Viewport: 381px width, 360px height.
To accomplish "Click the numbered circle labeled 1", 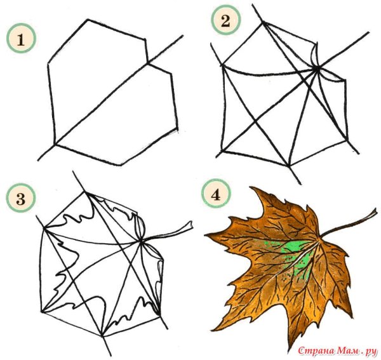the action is coord(21,38).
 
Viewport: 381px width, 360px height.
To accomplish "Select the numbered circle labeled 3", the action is coord(21,199).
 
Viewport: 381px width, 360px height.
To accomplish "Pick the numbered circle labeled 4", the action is coord(215,194).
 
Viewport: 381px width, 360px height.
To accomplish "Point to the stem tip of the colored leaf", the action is coord(375,213).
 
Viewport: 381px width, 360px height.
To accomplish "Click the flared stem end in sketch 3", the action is coord(189,225).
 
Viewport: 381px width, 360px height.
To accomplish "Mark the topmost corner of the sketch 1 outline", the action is coord(88,20).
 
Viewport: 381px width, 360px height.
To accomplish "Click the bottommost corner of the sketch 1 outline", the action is coord(121,166).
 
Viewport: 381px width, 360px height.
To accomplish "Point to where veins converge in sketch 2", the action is coord(317,69).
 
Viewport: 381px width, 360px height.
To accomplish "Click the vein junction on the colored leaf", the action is coord(318,242).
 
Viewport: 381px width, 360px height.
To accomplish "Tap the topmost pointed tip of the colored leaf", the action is coord(251,187).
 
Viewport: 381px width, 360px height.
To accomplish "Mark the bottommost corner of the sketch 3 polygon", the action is coord(102,336).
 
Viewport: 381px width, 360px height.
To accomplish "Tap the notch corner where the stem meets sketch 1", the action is coord(147,63).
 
